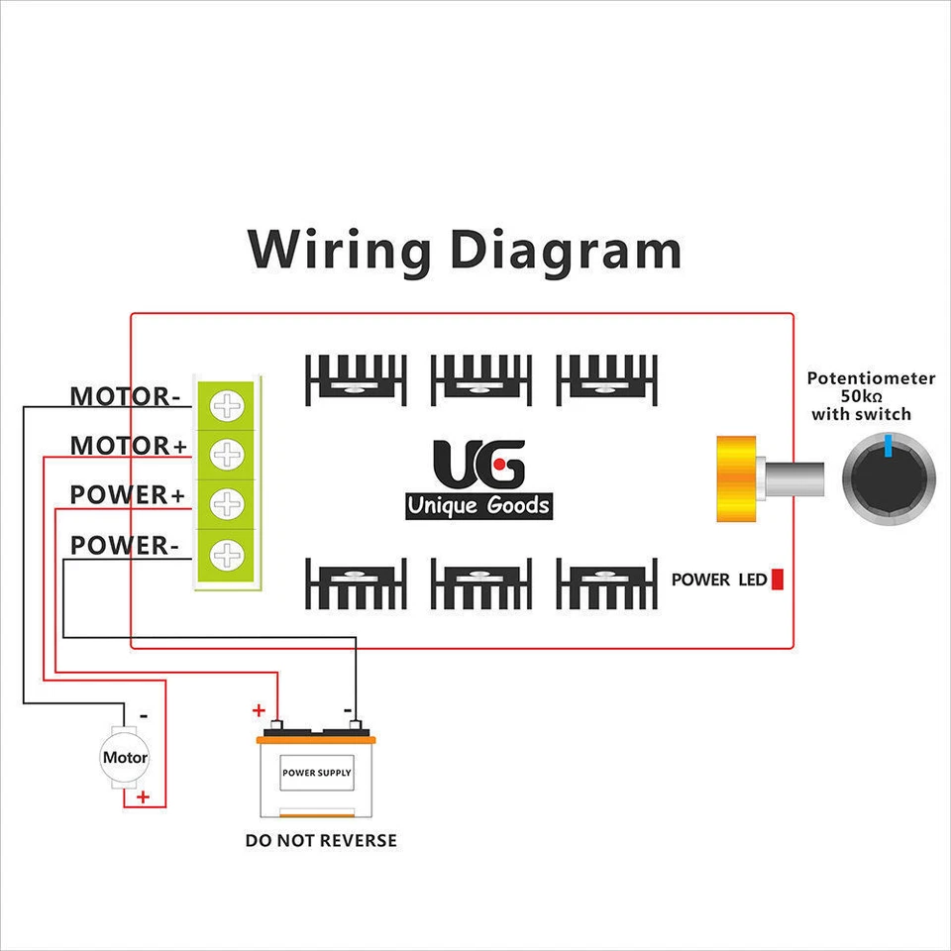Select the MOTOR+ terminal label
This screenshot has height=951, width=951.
pyautogui.click(x=128, y=446)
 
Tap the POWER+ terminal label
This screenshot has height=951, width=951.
pyautogui.click(x=127, y=494)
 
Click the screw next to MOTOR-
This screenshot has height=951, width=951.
pyautogui.click(x=229, y=405)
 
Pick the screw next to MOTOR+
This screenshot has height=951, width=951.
pyautogui.click(x=229, y=455)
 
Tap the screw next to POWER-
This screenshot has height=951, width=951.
pyautogui.click(x=229, y=554)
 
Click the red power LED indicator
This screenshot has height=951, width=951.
pyautogui.click(x=778, y=580)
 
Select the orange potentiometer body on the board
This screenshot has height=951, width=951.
pyautogui.click(x=734, y=478)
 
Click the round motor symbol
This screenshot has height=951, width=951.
pyautogui.click(x=125, y=758)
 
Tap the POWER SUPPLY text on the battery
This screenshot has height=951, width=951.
pyautogui.click(x=316, y=773)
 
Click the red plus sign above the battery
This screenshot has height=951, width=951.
pyautogui.click(x=260, y=710)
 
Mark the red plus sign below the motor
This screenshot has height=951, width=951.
pyautogui.click(x=144, y=796)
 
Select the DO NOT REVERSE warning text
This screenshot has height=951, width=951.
pyautogui.click(x=321, y=841)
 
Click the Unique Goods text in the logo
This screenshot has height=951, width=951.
pyautogui.click(x=478, y=506)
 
